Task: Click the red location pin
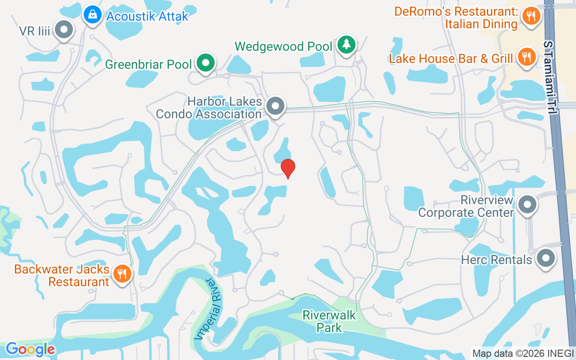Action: pyautogui.click(x=288, y=168)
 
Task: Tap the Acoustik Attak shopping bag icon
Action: pyautogui.click(x=92, y=16)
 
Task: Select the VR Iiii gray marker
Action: pyautogui.click(x=64, y=30)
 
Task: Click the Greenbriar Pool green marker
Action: pyautogui.click(x=206, y=63)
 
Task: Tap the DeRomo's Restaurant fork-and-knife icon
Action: pyautogui.click(x=531, y=17)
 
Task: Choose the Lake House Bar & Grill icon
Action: pyautogui.click(x=526, y=57)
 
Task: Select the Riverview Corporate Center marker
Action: pyautogui.click(x=527, y=205)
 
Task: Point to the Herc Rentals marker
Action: pyautogui.click(x=546, y=259)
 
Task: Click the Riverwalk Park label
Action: pyautogui.click(x=329, y=321)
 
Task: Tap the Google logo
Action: pyautogui.click(x=30, y=349)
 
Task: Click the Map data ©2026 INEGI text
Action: pyautogui.click(x=523, y=353)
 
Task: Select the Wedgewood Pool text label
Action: pyautogui.click(x=283, y=46)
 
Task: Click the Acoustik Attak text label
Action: pyautogui.click(x=147, y=17)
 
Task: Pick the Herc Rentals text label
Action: pyautogui.click(x=496, y=260)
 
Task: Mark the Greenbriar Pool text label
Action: pyautogui.click(x=148, y=64)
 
